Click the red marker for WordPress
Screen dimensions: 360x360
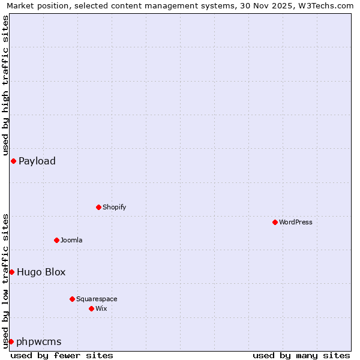pos(275,222)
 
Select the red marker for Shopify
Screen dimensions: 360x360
pos(98,207)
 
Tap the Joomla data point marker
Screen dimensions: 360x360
pos(56,240)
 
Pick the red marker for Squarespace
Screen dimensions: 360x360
pos(72,299)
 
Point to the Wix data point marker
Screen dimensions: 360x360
pos(91,308)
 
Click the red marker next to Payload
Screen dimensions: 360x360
pos(13,161)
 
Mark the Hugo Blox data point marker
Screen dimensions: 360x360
pos(11,272)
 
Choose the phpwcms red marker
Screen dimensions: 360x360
pos(11,341)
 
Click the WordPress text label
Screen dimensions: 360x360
pos(296,222)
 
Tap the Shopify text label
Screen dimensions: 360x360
pos(114,207)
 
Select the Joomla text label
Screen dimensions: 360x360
pos(71,240)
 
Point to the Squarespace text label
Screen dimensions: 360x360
pos(97,299)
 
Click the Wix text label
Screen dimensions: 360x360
pos(101,308)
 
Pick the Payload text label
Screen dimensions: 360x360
pos(37,161)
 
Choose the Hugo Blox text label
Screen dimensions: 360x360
pos(41,272)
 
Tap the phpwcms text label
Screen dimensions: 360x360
pos(39,341)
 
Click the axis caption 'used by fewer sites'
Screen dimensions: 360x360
pos(62,355)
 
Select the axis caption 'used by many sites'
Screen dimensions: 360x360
pos(301,355)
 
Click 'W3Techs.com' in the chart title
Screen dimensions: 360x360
pos(326,6)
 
